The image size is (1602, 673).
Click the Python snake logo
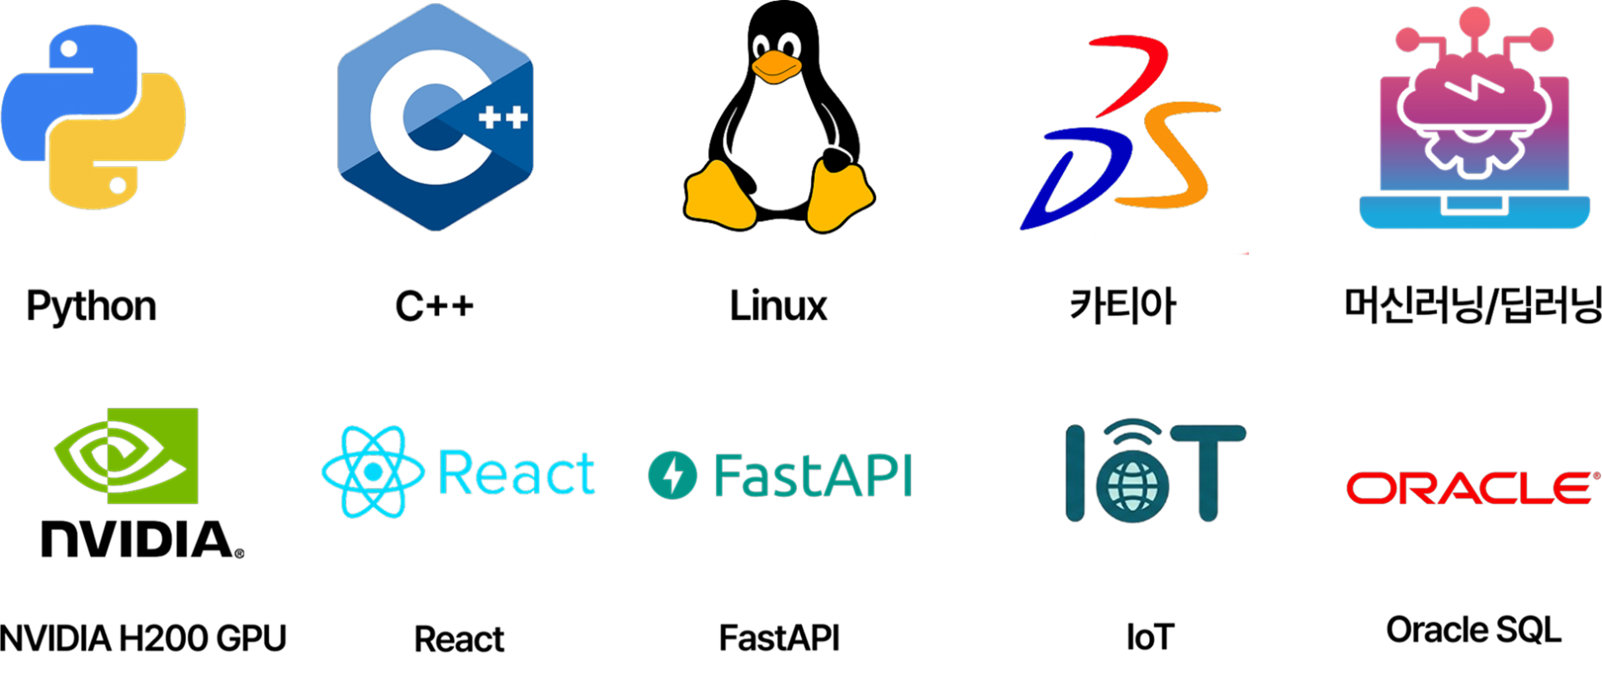(93, 117)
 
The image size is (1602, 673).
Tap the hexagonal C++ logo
(435, 117)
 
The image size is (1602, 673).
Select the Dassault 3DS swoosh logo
(1120, 134)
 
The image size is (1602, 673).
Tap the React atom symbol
(373, 472)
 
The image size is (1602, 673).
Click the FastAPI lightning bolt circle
(673, 475)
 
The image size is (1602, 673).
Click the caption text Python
(92, 306)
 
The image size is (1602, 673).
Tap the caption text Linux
(778, 306)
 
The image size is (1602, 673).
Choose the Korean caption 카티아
(1123, 305)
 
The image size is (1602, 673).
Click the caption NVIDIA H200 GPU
(144, 638)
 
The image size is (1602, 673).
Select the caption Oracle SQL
(1474, 630)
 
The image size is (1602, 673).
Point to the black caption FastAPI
(779, 638)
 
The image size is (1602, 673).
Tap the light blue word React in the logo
(516, 473)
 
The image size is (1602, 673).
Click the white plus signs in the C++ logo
(503, 117)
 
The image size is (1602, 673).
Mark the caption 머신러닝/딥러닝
(1474, 306)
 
